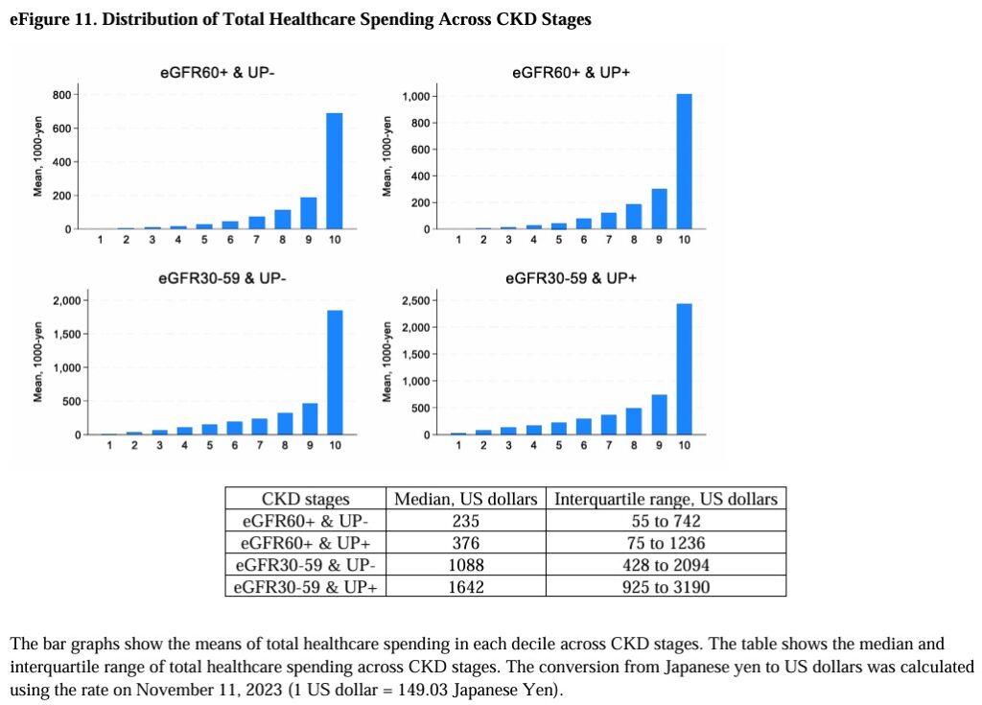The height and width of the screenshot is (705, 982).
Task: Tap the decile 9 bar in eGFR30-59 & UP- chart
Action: point(310,419)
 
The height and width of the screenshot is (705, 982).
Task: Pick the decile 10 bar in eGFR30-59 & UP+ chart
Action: point(684,369)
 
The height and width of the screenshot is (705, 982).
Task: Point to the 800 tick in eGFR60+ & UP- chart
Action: point(60,94)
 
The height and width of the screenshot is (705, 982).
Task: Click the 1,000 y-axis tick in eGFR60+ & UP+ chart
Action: point(414,97)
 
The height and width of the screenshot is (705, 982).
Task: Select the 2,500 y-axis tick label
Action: point(414,301)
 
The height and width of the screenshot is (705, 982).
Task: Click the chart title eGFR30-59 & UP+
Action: point(571,279)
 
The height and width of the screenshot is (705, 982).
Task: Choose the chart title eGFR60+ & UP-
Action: point(218,72)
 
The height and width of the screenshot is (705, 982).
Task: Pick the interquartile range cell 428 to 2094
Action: point(666,564)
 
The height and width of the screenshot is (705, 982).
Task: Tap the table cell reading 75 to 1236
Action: point(666,543)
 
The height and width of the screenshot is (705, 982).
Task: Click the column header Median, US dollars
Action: point(465,499)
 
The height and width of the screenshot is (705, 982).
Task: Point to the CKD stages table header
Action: point(305,499)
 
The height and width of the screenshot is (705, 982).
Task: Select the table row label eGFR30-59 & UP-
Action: point(305,564)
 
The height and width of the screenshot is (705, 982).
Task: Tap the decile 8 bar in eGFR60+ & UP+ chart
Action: point(634,217)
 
